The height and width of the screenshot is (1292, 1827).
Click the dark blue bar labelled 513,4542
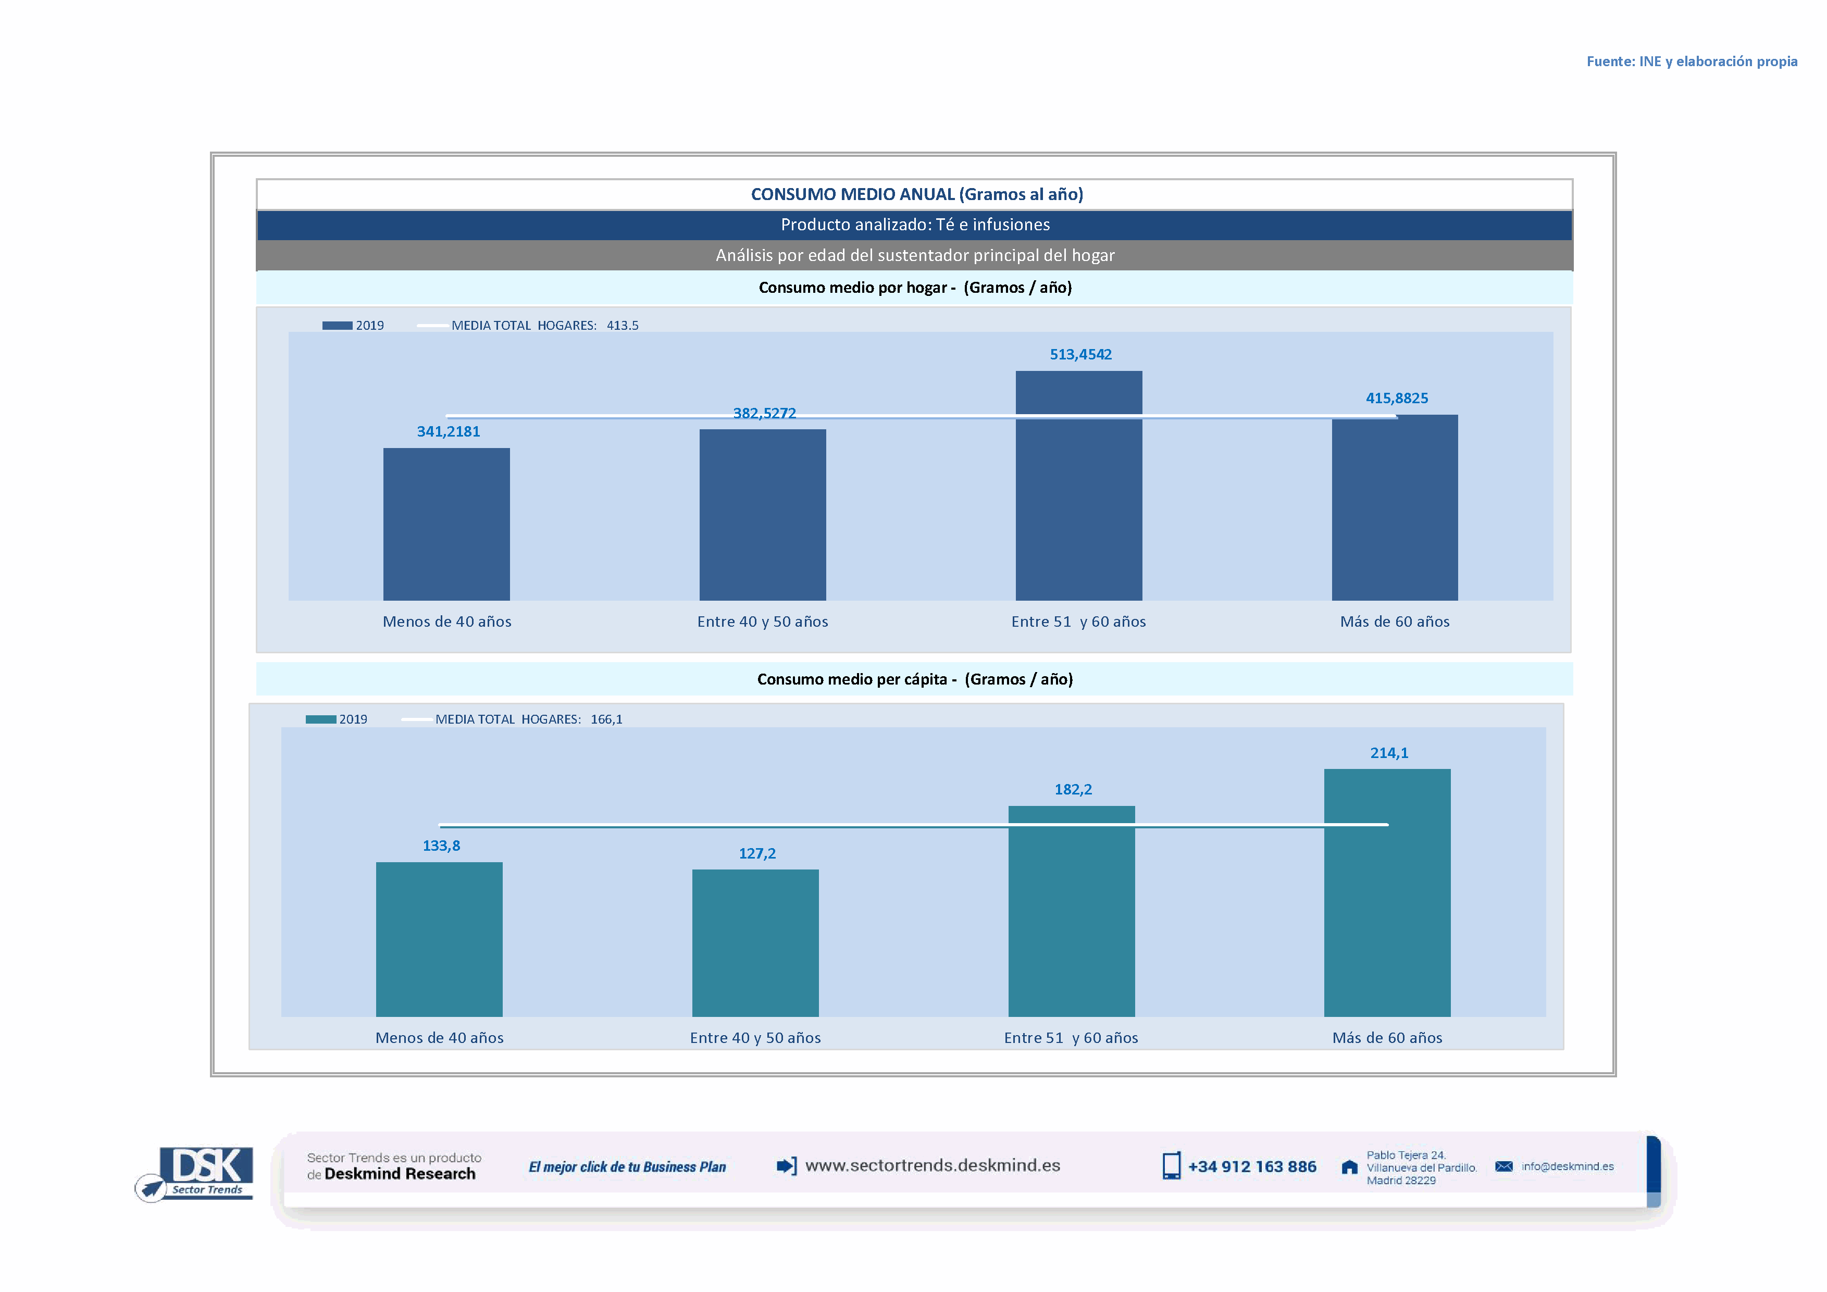(1078, 486)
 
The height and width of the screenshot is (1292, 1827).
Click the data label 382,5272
(764, 413)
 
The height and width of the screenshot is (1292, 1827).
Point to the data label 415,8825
(1397, 398)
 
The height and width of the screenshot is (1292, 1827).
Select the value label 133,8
(441, 846)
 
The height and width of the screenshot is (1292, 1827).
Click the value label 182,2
(1073, 789)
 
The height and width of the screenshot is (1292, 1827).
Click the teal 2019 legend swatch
(321, 719)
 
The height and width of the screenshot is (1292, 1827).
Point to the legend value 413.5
(622, 326)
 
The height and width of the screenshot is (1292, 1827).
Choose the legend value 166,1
(606, 719)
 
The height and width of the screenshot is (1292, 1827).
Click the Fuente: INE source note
(1691, 61)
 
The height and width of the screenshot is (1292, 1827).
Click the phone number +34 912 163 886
(1252, 1166)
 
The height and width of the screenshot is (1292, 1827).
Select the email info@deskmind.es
(1567, 1166)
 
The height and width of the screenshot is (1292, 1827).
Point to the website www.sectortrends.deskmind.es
(932, 1165)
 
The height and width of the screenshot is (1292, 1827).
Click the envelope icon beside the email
(1503, 1166)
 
